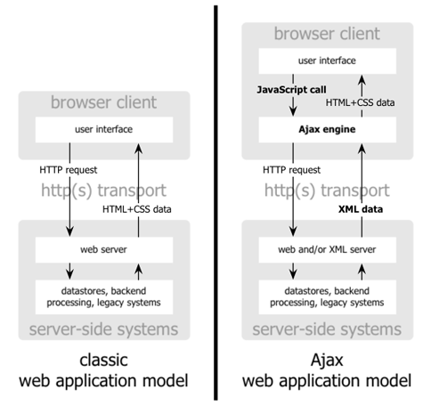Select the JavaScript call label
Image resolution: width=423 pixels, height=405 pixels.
tap(280, 90)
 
